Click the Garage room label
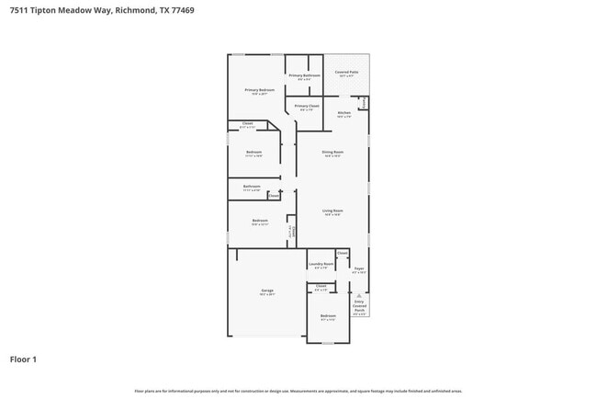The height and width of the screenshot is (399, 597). (267, 291)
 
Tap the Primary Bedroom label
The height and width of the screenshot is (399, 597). (260, 90)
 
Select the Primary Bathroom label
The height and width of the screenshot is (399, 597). (304, 75)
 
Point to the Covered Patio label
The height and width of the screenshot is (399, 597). (347, 72)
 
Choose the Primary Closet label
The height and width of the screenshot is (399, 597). (307, 107)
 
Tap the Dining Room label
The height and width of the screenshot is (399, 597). (332, 152)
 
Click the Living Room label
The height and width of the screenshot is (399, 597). (332, 211)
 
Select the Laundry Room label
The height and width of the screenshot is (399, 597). (321, 264)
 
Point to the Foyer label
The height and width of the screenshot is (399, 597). (359, 269)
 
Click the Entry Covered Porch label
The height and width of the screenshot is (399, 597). (359, 307)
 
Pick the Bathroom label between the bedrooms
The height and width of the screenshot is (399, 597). (253, 187)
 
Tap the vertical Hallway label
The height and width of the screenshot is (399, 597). (291, 233)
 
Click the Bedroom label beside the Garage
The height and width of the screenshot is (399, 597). (328, 316)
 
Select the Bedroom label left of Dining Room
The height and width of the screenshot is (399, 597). (254, 152)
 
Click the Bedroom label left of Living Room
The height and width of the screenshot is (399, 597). (261, 221)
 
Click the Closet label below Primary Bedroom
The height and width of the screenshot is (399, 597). (248, 123)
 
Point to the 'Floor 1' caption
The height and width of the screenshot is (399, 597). (23, 359)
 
